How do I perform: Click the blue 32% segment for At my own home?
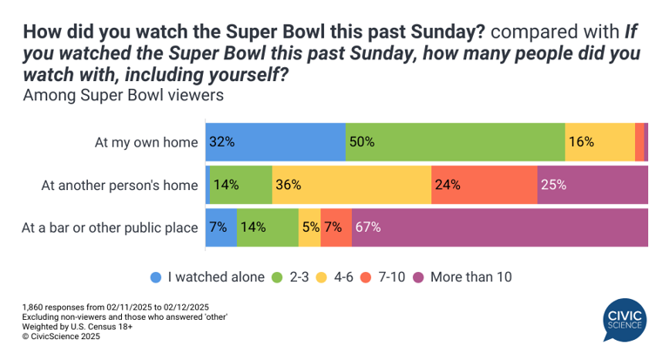(x=275, y=142)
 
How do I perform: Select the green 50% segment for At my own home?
(x=455, y=142)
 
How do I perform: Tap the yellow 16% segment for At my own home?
(x=599, y=142)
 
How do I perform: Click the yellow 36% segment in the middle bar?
(x=351, y=185)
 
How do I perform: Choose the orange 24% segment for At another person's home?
(x=483, y=185)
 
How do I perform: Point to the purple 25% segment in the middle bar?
(x=592, y=185)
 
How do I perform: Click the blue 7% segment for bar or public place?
(x=221, y=228)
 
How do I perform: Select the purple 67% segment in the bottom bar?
(x=500, y=228)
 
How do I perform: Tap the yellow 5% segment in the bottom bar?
(x=309, y=228)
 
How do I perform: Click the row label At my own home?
(x=146, y=142)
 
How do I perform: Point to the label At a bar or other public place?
(x=110, y=228)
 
